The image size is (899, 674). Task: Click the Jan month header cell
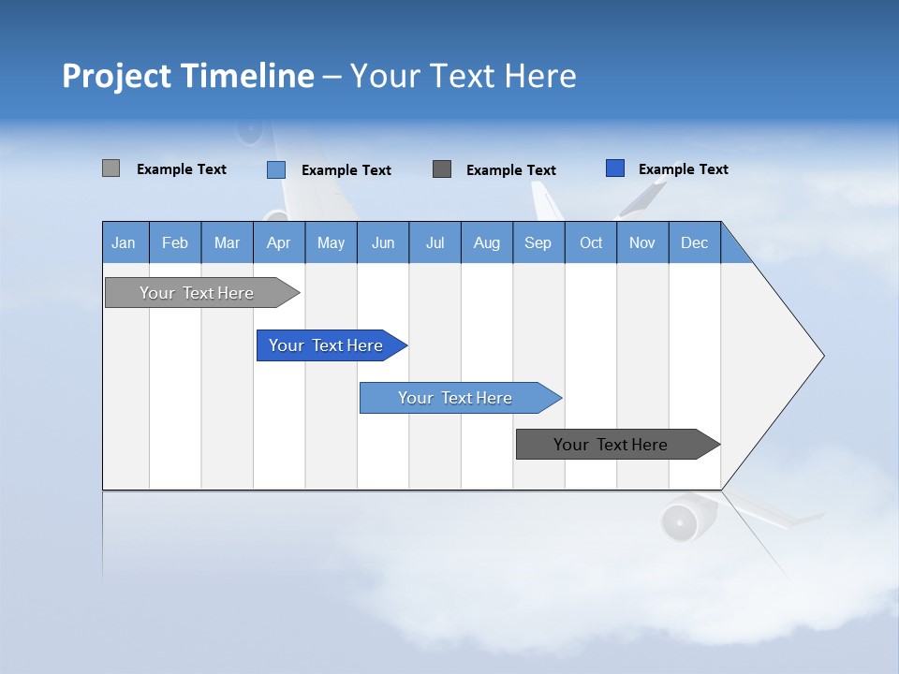click(125, 242)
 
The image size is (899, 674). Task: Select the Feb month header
click(175, 242)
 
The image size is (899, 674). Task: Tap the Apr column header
click(278, 242)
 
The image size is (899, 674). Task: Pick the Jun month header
click(383, 242)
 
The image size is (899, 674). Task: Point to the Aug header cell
click(486, 242)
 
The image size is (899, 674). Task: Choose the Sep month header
click(538, 242)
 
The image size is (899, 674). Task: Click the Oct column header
click(591, 242)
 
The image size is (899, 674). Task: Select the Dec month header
click(694, 242)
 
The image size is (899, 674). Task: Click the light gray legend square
click(111, 168)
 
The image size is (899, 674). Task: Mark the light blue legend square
click(276, 169)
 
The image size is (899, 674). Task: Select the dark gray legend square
click(442, 168)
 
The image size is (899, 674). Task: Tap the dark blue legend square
click(615, 168)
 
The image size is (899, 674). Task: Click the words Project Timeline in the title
click(187, 76)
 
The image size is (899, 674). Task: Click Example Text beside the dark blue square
click(683, 169)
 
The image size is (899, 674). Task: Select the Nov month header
click(642, 242)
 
